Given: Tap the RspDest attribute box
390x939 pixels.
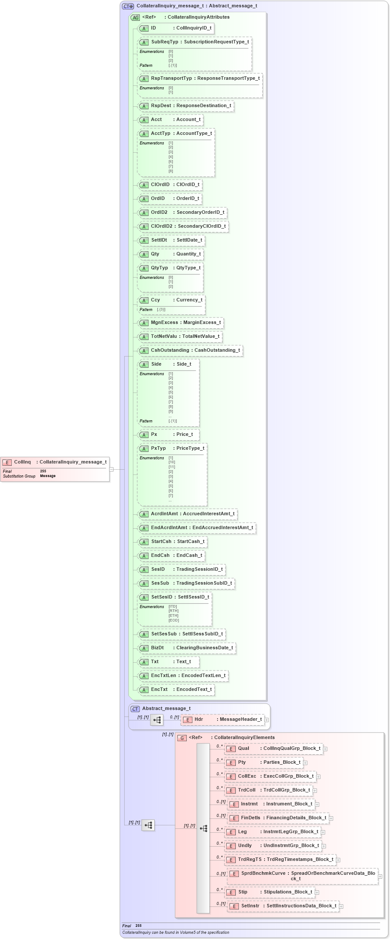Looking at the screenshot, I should coord(186,106).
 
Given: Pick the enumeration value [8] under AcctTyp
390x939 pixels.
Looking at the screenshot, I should coord(171,171).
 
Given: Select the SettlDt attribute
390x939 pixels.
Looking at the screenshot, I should coord(171,240).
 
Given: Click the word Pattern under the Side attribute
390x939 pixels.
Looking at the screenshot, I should coord(146,421).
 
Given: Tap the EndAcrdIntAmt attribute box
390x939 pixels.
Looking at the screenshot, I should coord(197,528).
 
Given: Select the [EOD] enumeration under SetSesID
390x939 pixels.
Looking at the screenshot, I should coord(173,620).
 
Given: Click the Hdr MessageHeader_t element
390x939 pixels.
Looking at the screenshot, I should coord(222,720).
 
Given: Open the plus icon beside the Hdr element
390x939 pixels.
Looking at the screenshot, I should coord(267,720).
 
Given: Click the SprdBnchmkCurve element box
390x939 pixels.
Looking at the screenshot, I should coord(302,876).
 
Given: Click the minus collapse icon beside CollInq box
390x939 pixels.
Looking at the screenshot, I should coord(112,469).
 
